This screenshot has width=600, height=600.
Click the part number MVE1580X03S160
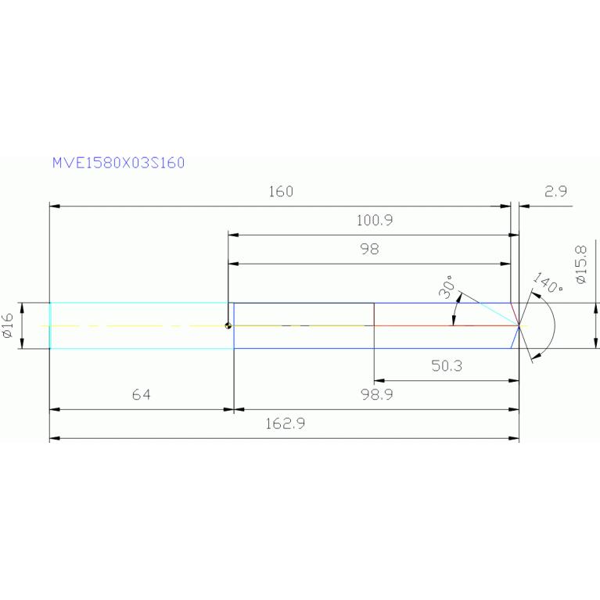click(x=118, y=163)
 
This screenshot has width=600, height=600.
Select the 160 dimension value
click(x=280, y=192)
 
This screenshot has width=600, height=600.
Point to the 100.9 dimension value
click(x=374, y=221)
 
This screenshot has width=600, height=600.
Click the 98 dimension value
click(x=369, y=250)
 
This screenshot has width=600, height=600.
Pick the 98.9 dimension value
click(x=376, y=395)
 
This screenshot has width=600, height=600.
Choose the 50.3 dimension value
click(x=446, y=366)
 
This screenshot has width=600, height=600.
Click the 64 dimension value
click(x=141, y=395)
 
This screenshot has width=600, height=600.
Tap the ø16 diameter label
click(x=8, y=325)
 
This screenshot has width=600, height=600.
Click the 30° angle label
click(x=446, y=287)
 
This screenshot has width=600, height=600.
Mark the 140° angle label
click(x=547, y=283)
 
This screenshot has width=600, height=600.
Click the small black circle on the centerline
click(x=228, y=325)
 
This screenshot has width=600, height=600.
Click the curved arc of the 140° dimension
click(x=553, y=325)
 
